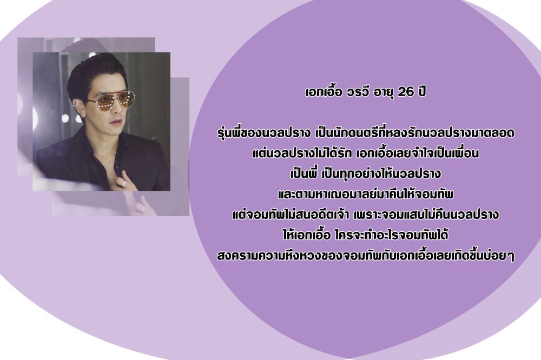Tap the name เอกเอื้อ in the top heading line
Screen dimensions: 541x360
[x=324, y=91]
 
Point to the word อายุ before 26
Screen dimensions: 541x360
[x=384, y=93]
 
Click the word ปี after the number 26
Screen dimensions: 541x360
[x=421, y=91]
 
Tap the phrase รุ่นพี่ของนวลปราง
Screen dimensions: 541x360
[x=263, y=132]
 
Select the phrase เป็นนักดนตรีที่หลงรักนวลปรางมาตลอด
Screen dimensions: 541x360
[x=415, y=132]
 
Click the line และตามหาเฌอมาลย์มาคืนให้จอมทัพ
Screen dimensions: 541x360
[x=365, y=194]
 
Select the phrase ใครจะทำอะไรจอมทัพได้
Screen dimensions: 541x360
[x=391, y=235]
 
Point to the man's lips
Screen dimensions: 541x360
[x=117, y=122]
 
